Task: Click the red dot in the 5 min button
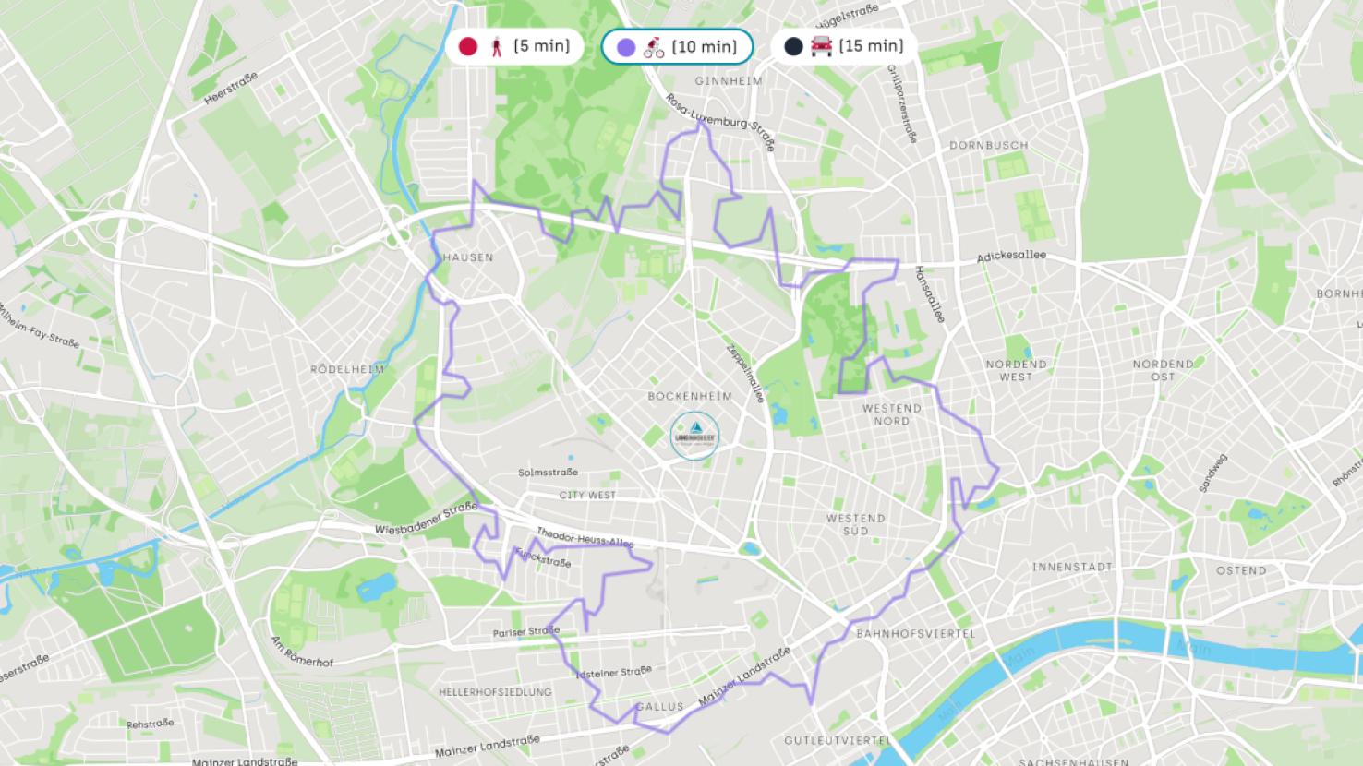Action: click(468, 46)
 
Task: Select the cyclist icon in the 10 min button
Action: click(654, 47)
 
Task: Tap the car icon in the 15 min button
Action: click(821, 46)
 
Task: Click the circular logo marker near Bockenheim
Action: click(694, 435)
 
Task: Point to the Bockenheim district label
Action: click(690, 396)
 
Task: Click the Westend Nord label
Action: click(891, 414)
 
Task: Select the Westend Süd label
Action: click(855, 524)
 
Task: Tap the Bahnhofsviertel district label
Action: click(915, 634)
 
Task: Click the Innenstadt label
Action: click(1072, 567)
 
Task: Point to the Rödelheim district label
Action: click(347, 369)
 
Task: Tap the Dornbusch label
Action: click(988, 146)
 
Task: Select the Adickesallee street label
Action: click(1011, 256)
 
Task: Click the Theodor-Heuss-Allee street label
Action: click(585, 538)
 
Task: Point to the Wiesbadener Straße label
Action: click(426, 520)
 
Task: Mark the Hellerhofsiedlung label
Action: click(495, 692)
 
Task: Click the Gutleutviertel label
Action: click(837, 740)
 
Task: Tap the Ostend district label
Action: click(1240, 570)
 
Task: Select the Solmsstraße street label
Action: click(548, 473)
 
